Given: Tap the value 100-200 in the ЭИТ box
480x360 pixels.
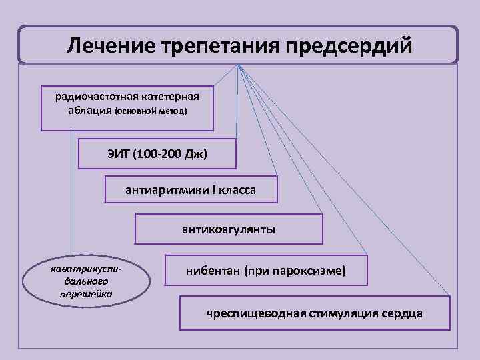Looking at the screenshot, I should [x=159, y=155].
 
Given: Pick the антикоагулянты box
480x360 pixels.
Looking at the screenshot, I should [x=228, y=229].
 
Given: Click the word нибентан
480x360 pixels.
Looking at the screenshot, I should [x=212, y=271].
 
